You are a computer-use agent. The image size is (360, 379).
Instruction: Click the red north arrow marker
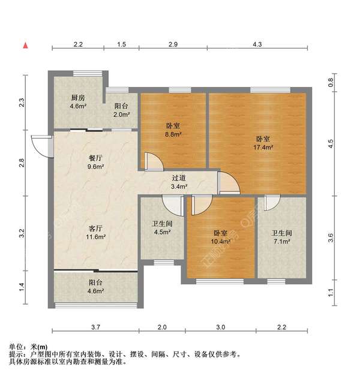pos(25,45)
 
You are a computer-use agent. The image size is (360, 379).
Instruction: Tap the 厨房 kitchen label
pos(77,97)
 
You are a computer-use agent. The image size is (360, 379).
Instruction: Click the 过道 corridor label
pos(179,178)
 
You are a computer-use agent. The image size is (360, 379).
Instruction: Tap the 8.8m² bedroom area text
pos(173,135)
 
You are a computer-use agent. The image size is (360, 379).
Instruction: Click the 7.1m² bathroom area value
pos(281,242)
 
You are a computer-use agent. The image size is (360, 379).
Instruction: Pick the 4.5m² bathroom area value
pos(161,233)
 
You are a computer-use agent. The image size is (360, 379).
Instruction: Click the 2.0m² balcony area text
pos(122,114)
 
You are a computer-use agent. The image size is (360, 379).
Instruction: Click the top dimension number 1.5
pos(121,45)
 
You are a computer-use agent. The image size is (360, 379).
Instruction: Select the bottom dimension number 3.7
pos(95,327)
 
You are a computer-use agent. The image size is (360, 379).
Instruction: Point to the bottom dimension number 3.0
pos(220,327)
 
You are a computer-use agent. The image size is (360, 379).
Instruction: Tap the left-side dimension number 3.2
pos(22,231)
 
